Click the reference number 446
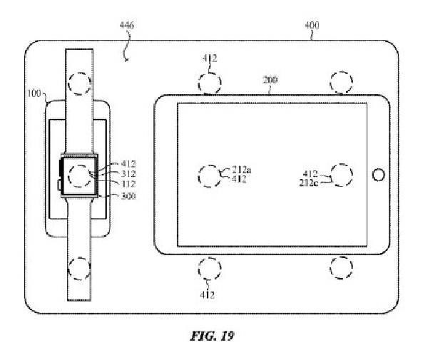coord(127,26)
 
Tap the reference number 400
coord(312,26)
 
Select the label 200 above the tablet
coord(270,80)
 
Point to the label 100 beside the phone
coord(34,93)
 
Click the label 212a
coord(242,170)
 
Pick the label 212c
coord(309,182)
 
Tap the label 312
coord(128,174)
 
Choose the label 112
coord(128,184)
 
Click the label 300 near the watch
coord(128,196)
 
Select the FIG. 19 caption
coord(212,336)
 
